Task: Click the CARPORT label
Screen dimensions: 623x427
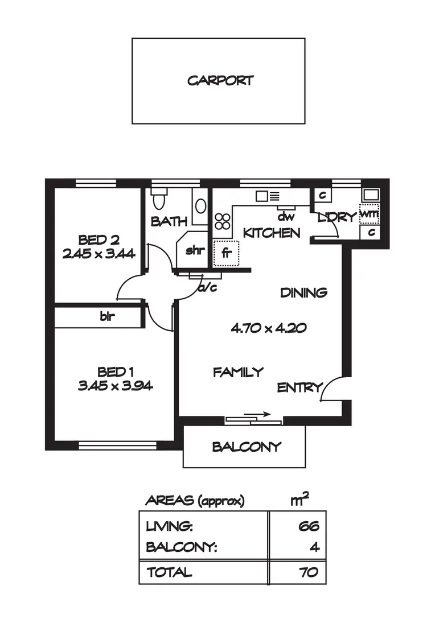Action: pos(220,80)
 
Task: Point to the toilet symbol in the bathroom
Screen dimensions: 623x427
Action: pos(159,200)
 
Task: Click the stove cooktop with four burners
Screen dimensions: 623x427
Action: pos(222,221)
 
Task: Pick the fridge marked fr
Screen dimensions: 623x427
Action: pos(226,253)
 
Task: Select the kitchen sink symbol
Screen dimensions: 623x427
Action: pos(267,197)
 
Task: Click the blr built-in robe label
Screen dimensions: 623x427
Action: pos(106,316)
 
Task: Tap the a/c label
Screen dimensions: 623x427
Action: pos(208,287)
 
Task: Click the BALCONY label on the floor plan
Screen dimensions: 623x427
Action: pos(247,447)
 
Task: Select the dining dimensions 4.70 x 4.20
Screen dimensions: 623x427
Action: pos(269,328)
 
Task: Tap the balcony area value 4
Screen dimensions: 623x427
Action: pos(315,547)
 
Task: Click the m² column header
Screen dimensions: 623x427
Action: pos(300,500)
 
